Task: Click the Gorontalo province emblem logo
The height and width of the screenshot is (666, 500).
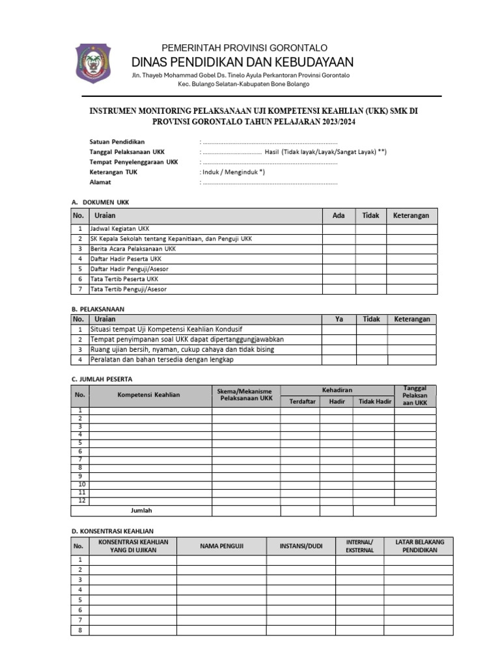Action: pos(94,62)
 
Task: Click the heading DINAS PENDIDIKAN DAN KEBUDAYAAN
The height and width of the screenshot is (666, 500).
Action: pos(242,62)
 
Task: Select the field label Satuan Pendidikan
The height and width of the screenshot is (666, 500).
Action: pos(117,141)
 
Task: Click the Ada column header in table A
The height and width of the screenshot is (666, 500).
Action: pos(339,215)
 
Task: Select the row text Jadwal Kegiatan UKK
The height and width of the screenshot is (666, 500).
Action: pos(120,229)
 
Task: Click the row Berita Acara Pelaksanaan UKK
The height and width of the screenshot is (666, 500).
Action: pos(133,249)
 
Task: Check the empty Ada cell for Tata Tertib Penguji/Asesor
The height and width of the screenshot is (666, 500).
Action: pos(339,289)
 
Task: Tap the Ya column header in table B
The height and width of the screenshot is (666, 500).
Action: pos(339,319)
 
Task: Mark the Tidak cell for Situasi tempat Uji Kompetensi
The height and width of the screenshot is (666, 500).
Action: pos(371,330)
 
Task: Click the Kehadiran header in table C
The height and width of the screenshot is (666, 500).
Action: pos(337,390)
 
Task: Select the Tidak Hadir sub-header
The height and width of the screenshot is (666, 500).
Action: pos(375,401)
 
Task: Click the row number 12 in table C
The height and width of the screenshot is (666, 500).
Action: pos(81,501)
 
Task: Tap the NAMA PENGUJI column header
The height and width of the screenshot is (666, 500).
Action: pos(221,546)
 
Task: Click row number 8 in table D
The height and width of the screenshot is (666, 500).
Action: pos(80,630)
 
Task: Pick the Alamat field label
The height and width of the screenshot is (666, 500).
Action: pos(101,183)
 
